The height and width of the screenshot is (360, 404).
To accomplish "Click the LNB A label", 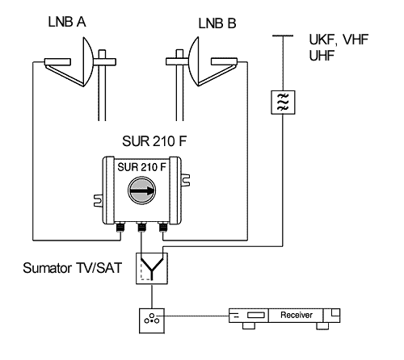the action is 67,22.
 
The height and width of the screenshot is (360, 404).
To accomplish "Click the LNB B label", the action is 217,23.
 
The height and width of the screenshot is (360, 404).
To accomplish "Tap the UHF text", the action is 322,56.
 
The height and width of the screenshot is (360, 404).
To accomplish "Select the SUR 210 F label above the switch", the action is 154,141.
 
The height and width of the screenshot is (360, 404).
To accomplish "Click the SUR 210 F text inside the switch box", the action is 141,167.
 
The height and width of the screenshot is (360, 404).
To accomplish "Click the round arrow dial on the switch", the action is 141,190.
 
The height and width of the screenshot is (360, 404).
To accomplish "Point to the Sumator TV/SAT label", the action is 73,268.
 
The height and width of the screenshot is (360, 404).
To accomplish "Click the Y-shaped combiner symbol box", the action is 152,268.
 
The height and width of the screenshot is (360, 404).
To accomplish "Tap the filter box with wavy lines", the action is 283,103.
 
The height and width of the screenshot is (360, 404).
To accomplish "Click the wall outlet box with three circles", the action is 152,320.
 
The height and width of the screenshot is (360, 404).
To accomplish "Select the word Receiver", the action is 297,315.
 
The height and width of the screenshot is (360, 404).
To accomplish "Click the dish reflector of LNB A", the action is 87,62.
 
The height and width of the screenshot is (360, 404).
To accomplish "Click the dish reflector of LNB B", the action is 194,62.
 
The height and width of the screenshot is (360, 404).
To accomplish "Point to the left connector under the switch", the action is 120,228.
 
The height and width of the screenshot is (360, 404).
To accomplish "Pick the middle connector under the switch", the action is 141,228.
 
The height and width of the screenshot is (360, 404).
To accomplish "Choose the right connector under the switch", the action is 162,228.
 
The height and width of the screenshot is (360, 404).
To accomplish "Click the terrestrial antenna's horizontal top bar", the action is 283,36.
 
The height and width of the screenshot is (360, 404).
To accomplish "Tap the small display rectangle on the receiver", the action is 256,315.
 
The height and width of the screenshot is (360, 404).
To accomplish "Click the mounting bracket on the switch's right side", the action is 185,180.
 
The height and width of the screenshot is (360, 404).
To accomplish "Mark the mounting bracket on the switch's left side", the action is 98,201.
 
